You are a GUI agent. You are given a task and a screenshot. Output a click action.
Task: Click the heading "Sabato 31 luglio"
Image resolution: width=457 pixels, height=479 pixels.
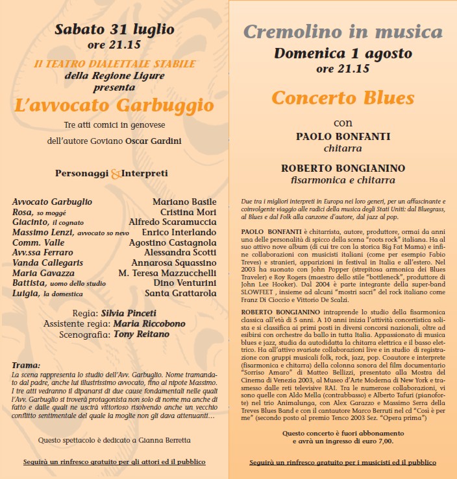point(114,29)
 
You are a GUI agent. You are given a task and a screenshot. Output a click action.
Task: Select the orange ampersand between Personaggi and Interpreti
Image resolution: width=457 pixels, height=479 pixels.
point(116,174)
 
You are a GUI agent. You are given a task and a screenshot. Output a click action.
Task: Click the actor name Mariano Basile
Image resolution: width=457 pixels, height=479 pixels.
point(184,202)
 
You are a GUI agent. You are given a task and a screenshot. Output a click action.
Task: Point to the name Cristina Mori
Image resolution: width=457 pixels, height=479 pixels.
point(188,212)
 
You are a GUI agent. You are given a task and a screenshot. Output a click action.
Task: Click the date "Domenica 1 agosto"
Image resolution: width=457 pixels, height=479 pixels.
point(343,53)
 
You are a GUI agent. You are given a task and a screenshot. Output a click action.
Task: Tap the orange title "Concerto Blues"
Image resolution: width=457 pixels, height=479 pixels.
point(343,98)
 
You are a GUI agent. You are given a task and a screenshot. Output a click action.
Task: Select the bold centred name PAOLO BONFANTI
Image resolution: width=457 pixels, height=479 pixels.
point(343,136)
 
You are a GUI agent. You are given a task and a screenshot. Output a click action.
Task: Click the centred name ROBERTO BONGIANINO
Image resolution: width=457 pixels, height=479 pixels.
point(343,168)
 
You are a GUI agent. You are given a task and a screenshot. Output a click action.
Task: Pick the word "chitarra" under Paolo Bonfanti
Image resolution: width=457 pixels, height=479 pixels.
point(343,148)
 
